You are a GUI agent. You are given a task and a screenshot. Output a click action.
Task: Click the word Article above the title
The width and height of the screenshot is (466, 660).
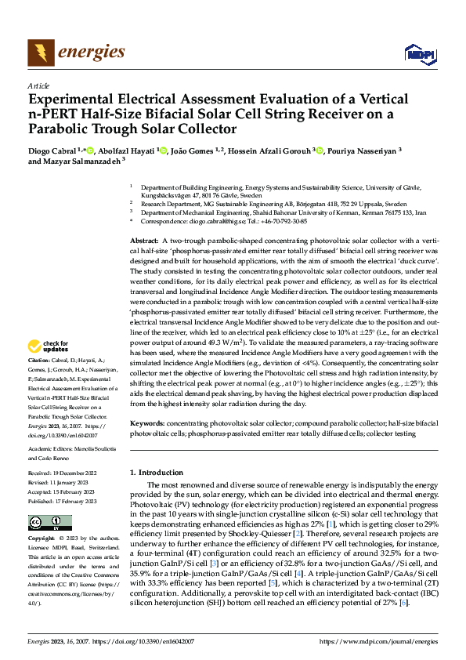[38, 85]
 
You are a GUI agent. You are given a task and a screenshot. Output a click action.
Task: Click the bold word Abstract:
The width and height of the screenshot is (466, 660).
[145, 219]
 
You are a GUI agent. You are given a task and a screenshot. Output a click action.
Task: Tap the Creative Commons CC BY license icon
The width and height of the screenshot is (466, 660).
[45, 523]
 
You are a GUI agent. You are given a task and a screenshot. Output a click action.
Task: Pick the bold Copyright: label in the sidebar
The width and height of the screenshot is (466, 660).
[42, 539]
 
